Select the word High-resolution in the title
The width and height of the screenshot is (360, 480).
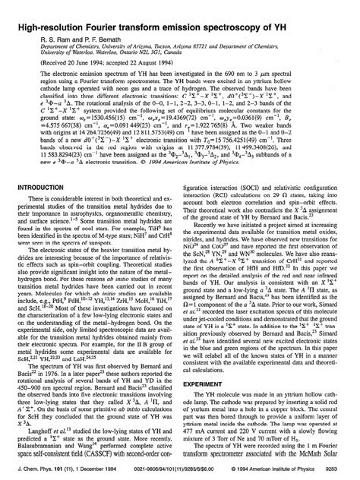[x=45, y=9]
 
